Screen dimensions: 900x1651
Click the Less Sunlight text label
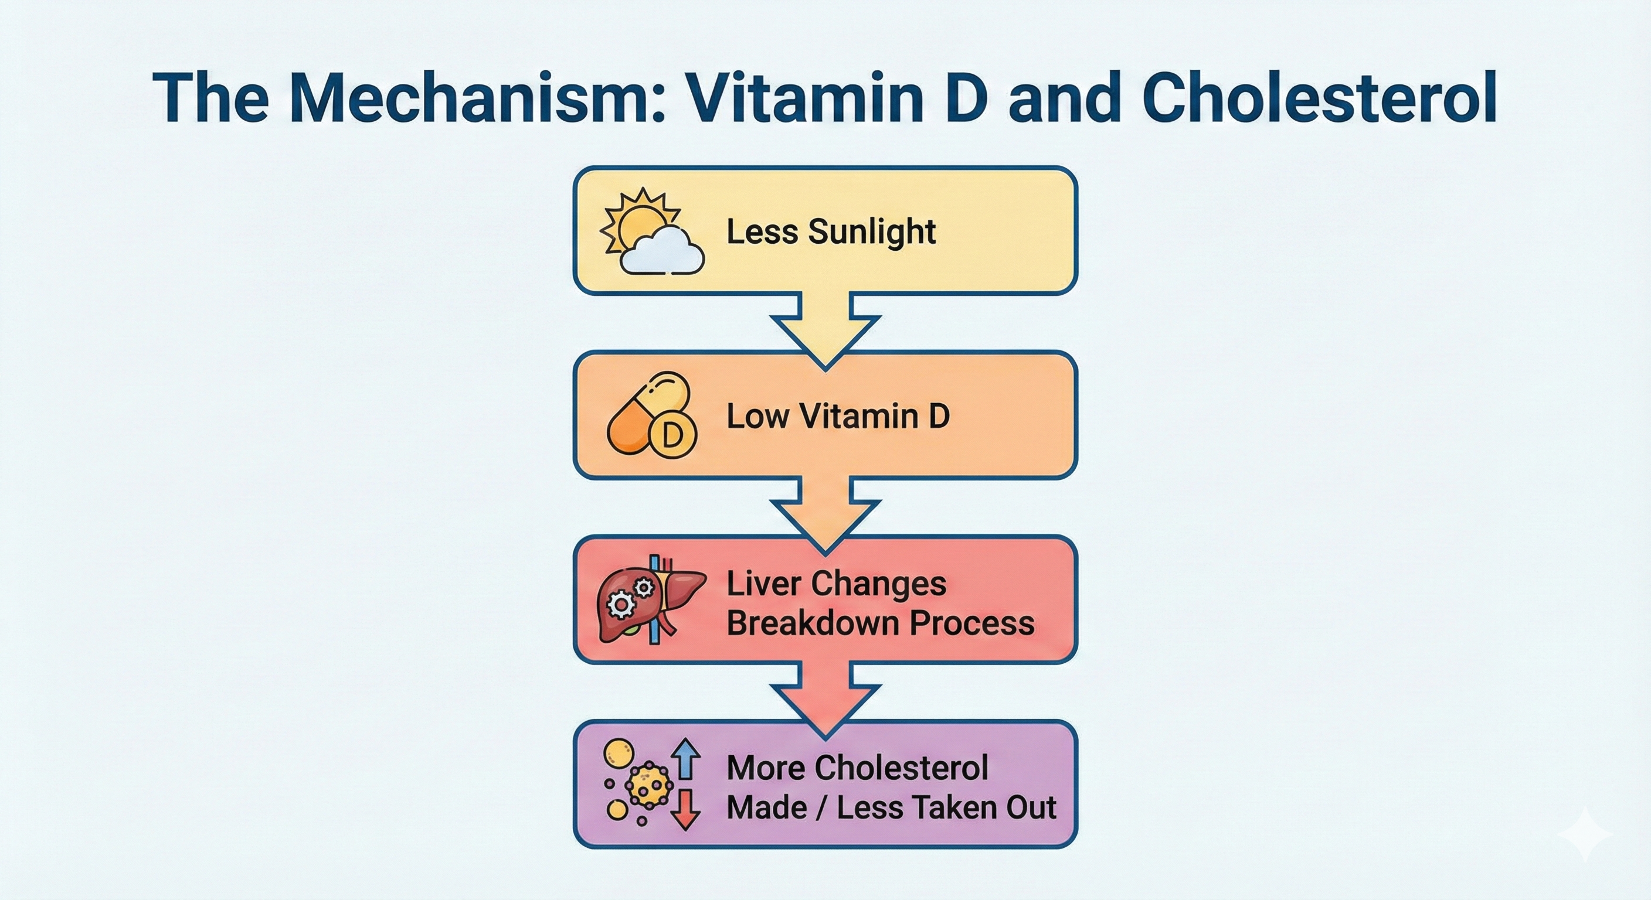point(831,232)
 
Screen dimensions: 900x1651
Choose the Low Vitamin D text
point(837,417)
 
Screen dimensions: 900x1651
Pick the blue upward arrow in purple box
point(687,758)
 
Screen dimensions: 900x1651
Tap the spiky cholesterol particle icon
point(649,785)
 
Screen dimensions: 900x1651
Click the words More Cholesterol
point(857,768)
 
